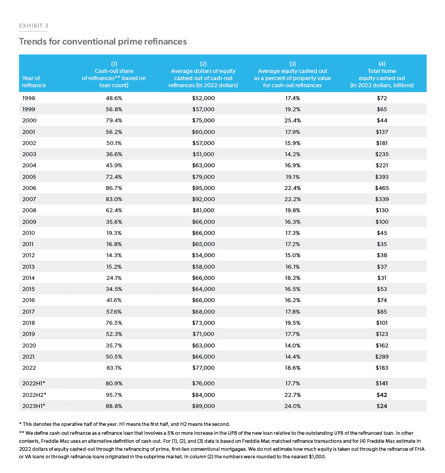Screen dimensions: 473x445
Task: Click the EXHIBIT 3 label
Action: pyautogui.click(x=33, y=26)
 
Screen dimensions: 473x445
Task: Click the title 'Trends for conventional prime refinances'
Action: pyautogui.click(x=102, y=42)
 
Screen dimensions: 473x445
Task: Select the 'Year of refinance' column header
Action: pyautogui.click(x=34, y=81)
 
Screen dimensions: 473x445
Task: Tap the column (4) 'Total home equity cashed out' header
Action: pyautogui.click(x=381, y=74)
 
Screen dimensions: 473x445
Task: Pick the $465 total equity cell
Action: pyautogui.click(x=381, y=188)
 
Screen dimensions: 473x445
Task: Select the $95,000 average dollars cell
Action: pyautogui.click(x=203, y=188)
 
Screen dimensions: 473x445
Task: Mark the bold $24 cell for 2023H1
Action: pyautogui.click(x=381, y=406)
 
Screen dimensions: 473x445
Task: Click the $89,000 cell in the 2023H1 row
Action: pyautogui.click(x=203, y=406)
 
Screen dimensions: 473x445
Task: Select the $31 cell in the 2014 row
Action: pyautogui.click(x=381, y=278)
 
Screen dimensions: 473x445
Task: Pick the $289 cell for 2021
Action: pyautogui.click(x=381, y=356)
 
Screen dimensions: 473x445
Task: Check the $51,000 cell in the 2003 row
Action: pyautogui.click(x=203, y=154)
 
